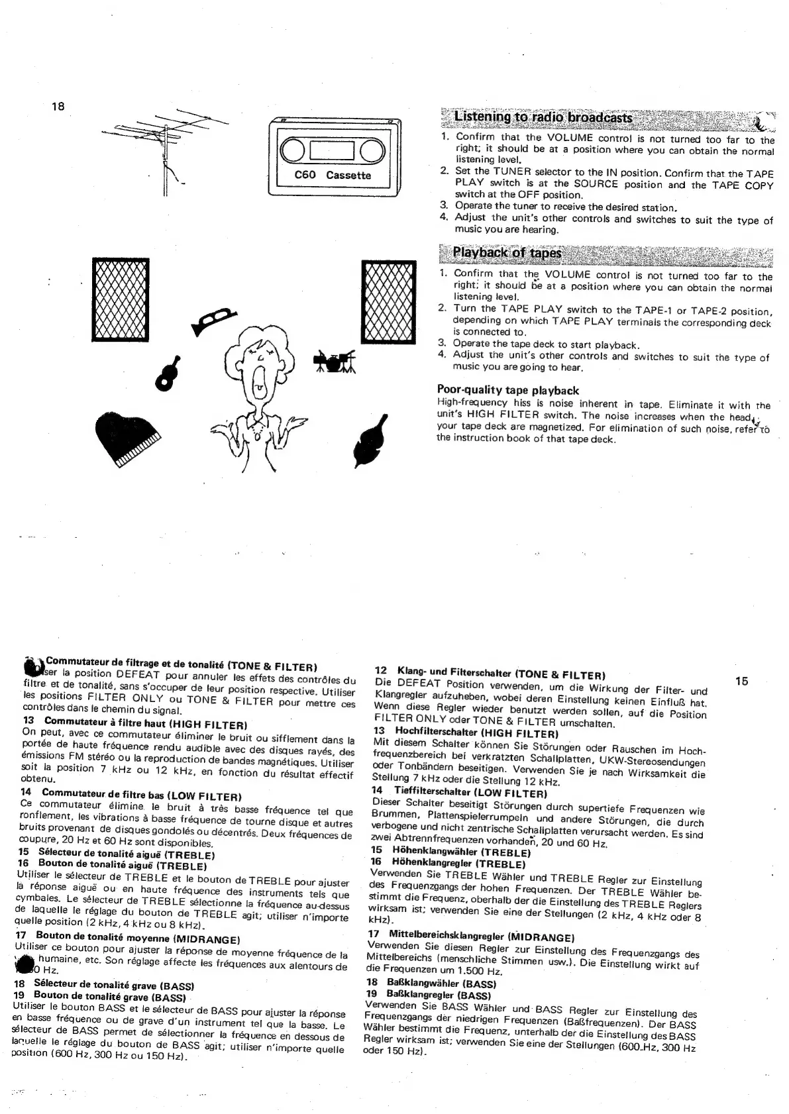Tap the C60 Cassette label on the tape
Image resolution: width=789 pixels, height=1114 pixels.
(x=333, y=176)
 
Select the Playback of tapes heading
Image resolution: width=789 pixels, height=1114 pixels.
(x=507, y=253)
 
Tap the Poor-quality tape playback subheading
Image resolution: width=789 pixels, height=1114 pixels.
(x=507, y=390)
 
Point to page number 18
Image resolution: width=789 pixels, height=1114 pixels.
(x=58, y=106)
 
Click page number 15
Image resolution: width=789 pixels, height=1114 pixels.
(x=741, y=681)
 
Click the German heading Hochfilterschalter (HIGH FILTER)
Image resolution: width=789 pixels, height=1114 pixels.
(x=477, y=733)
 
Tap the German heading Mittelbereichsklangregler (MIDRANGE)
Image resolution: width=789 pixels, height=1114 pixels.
(x=480, y=937)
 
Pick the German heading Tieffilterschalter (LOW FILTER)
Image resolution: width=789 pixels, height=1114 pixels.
(x=470, y=792)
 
